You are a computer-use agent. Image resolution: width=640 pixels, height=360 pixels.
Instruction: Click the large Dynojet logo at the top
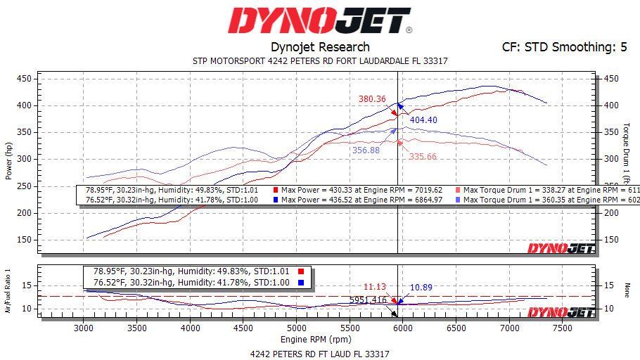(320, 22)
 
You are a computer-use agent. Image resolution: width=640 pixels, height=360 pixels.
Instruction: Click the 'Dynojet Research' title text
(320, 47)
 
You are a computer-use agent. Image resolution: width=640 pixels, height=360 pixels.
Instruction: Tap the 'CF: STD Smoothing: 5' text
(564, 47)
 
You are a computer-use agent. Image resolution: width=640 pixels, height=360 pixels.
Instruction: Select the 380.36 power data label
(372, 99)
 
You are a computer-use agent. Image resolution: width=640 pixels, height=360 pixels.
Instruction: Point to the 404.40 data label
(423, 120)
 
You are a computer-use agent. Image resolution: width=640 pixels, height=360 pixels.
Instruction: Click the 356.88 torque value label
(366, 150)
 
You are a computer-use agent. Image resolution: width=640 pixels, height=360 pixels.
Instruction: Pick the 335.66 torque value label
(423, 156)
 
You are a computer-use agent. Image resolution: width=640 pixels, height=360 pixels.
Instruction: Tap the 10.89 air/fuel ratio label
(421, 288)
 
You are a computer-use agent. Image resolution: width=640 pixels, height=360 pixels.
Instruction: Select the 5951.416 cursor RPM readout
(368, 300)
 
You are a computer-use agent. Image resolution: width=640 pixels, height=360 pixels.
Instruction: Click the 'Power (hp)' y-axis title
(9, 159)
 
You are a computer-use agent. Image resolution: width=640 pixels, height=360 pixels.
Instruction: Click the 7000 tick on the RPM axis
(509, 328)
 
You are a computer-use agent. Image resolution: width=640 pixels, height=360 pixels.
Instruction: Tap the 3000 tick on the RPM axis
(84, 328)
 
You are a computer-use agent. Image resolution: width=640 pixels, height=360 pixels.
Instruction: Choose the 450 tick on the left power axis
(24, 79)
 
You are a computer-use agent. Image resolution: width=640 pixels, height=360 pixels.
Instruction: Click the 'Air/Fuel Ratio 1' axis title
(8, 289)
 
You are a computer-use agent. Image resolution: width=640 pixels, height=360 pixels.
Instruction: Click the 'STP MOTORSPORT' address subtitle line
(320, 61)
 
